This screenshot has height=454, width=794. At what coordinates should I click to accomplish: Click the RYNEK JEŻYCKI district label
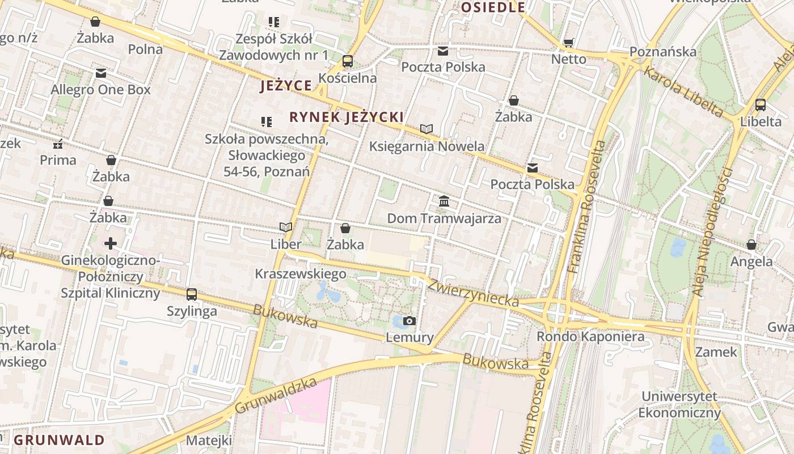(347, 117)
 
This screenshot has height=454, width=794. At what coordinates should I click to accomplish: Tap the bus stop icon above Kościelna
(348, 61)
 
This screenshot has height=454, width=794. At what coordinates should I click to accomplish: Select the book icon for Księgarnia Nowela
(426, 129)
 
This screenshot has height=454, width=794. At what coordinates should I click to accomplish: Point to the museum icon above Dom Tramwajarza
(444, 201)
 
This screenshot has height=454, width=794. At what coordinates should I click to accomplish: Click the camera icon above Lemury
(409, 321)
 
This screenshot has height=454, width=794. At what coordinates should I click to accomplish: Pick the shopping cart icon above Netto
(569, 43)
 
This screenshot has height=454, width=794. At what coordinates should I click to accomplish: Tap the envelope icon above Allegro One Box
(101, 73)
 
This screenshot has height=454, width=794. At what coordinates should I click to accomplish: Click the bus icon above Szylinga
(192, 295)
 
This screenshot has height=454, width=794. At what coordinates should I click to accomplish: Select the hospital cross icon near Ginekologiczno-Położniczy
(111, 243)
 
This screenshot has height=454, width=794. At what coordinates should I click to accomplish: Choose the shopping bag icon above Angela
(751, 245)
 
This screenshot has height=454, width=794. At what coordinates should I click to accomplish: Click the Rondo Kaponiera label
(590, 337)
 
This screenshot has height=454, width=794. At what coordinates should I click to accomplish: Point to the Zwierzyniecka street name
(473, 292)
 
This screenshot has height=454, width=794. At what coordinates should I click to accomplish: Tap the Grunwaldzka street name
(276, 396)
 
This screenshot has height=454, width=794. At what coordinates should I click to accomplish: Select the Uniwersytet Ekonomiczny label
(679, 404)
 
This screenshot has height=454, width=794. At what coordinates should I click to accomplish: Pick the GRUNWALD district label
(60, 440)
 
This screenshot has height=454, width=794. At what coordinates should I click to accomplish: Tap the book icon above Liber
(286, 228)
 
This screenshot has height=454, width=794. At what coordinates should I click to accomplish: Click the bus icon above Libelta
(761, 105)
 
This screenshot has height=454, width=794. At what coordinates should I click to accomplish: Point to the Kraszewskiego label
(301, 274)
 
